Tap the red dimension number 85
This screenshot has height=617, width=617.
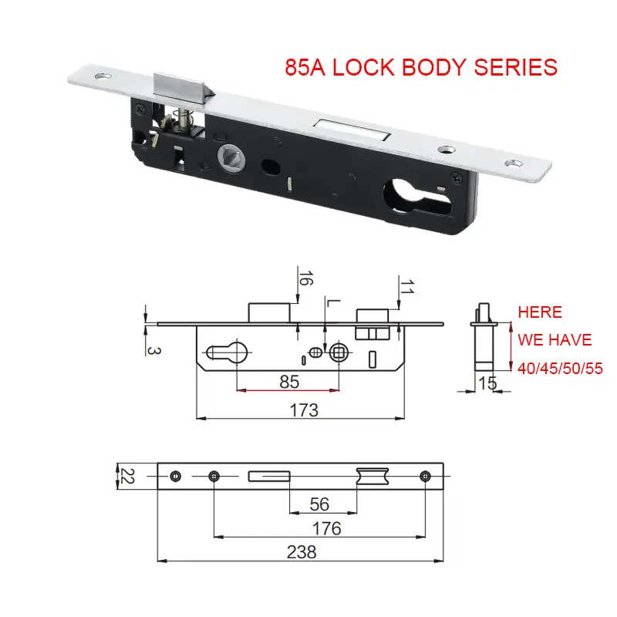288,380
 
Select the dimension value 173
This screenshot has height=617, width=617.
304,410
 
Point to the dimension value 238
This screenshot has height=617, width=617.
301,551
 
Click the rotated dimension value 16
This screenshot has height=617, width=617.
306,279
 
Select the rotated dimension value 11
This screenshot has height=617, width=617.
406,288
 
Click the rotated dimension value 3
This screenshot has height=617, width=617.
153,349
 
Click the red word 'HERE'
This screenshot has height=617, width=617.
540,312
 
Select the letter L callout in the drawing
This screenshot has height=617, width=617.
329,303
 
